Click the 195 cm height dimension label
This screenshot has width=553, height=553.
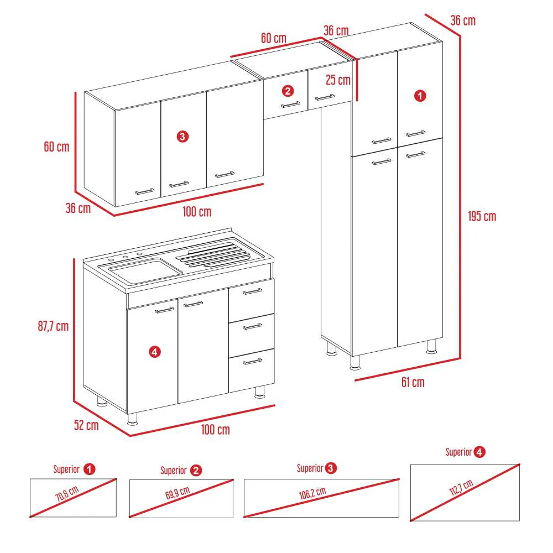[x=482, y=216]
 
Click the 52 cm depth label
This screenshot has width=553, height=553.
[x=86, y=425]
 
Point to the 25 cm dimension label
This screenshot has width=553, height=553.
[x=338, y=80]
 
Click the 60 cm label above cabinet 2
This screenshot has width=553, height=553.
[x=274, y=38]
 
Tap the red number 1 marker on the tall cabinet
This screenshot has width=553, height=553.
[x=420, y=96]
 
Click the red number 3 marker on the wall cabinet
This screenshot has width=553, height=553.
[x=182, y=136]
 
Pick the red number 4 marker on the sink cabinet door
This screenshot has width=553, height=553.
[x=154, y=351]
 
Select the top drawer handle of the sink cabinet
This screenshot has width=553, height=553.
[x=252, y=291]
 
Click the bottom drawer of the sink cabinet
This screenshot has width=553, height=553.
[x=252, y=371]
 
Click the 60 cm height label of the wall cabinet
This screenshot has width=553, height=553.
[x=56, y=147]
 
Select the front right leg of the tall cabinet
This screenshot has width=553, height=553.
[x=431, y=346]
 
